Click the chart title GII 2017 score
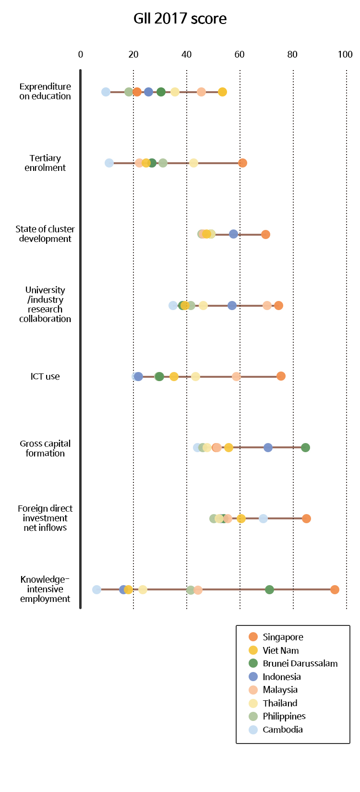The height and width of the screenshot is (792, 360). pyautogui.click(x=180, y=19)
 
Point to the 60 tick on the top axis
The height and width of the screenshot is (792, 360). pyautogui.click(x=240, y=54)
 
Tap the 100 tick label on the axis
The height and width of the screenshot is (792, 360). pyautogui.click(x=345, y=54)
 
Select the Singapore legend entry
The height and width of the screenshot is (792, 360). pyautogui.click(x=283, y=637)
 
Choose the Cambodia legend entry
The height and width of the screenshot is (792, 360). pyautogui.click(x=282, y=730)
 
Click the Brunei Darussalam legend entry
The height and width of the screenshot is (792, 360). pyautogui.click(x=300, y=663)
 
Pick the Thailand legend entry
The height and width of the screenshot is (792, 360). pyautogui.click(x=280, y=703)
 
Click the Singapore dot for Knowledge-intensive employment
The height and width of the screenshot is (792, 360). pyautogui.click(x=335, y=589)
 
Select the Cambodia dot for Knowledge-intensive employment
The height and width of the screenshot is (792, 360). pyautogui.click(x=96, y=589)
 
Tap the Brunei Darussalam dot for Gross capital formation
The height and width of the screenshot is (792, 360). pyautogui.click(x=305, y=447)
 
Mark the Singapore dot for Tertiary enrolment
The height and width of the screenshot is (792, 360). pyautogui.click(x=242, y=163)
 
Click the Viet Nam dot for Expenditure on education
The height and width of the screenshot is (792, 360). pyautogui.click(x=222, y=92)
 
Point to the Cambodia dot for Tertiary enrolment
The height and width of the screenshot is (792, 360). pyautogui.click(x=109, y=163)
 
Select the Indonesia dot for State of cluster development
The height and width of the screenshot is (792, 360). pyautogui.click(x=233, y=234)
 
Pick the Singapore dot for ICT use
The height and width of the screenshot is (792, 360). pyautogui.click(x=281, y=376)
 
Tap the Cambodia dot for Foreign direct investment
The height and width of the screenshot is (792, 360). pyautogui.click(x=263, y=518)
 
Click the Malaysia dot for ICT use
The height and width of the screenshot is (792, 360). pyautogui.click(x=236, y=376)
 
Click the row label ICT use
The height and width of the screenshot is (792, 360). pyautogui.click(x=45, y=376)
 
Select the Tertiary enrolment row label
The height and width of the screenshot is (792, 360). pyautogui.click(x=45, y=163)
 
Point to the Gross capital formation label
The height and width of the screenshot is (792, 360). pyautogui.click(x=45, y=448)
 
